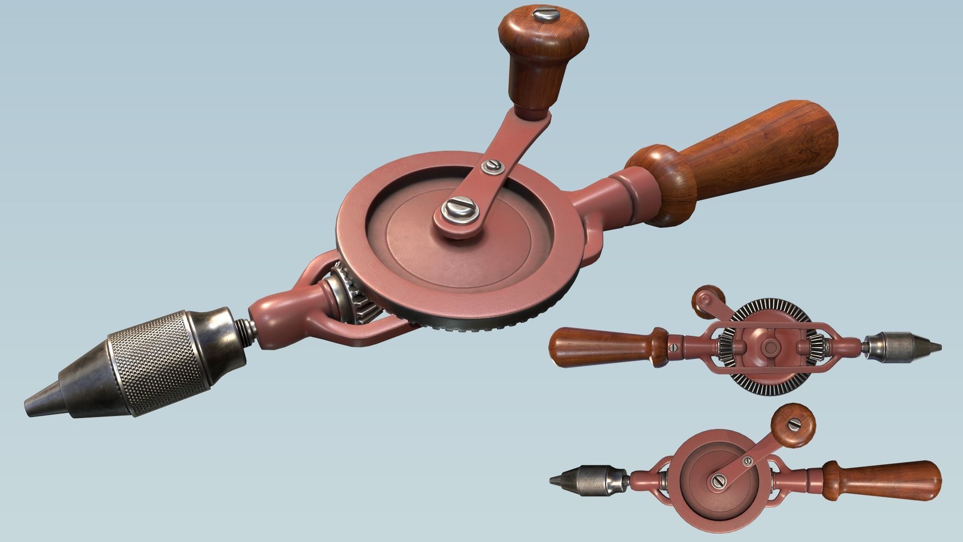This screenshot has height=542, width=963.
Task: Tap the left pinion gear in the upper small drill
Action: tap(724, 346)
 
